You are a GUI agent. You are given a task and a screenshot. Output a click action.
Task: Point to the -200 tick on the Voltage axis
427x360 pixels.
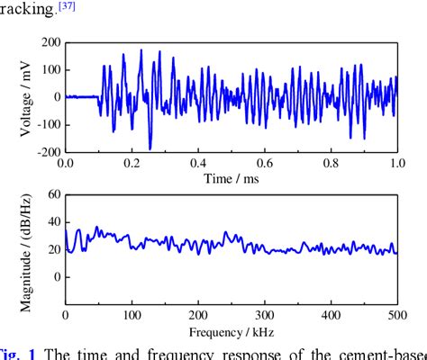pyautogui.click(x=46, y=152)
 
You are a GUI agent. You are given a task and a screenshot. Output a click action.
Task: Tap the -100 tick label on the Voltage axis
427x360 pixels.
pyautogui.click(x=46, y=124)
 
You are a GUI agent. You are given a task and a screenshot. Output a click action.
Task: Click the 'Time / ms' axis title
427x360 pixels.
pyautogui.click(x=231, y=177)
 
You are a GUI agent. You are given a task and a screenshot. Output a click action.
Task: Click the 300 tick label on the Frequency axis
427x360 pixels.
pyautogui.click(x=264, y=316)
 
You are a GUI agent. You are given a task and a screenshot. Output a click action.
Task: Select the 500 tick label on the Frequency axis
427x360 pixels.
pyautogui.click(x=396, y=316)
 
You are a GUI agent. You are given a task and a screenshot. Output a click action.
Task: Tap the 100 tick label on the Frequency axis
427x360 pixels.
pyautogui.click(x=132, y=316)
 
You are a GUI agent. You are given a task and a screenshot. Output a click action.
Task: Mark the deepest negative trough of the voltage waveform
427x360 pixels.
pyautogui.click(x=150, y=148)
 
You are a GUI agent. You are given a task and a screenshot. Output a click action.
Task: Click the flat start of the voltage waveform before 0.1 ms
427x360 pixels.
pyautogui.click(x=81, y=96)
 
